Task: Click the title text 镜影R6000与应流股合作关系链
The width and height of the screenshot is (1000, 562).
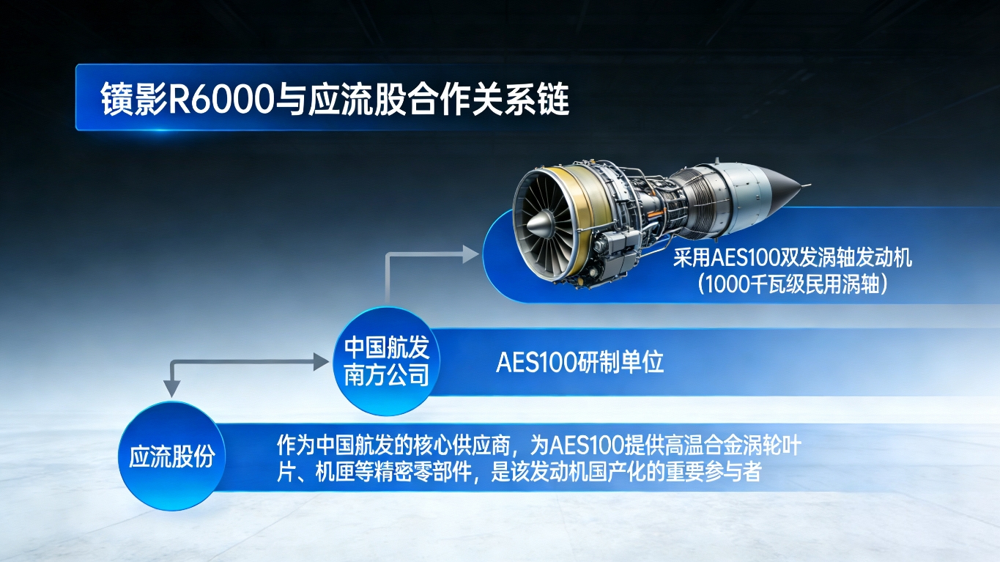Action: (x=335, y=98)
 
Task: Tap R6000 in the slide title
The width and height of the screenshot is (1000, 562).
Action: (x=221, y=98)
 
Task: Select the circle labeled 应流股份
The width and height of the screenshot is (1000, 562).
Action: (x=172, y=456)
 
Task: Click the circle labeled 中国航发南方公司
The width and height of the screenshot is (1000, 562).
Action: (x=387, y=361)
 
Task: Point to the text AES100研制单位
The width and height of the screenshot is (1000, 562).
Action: (x=580, y=363)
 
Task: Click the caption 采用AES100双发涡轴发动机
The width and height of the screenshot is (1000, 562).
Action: (x=793, y=258)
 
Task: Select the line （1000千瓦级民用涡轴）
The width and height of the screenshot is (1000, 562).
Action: (x=793, y=284)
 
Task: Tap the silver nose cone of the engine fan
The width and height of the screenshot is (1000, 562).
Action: (x=540, y=224)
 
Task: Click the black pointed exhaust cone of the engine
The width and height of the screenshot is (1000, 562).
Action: (x=785, y=188)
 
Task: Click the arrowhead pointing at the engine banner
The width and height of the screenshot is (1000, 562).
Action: (x=470, y=254)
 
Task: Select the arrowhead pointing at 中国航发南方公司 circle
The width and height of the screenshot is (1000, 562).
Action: (x=321, y=361)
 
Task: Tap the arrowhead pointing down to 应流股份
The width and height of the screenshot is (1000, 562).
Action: (x=171, y=388)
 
